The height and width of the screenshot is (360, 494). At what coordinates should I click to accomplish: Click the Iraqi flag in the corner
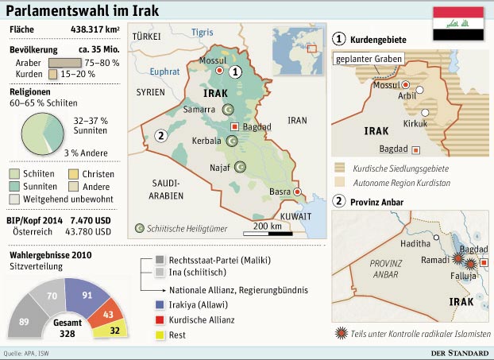(457, 23)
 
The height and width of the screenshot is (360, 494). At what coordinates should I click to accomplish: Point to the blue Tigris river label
(203, 32)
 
